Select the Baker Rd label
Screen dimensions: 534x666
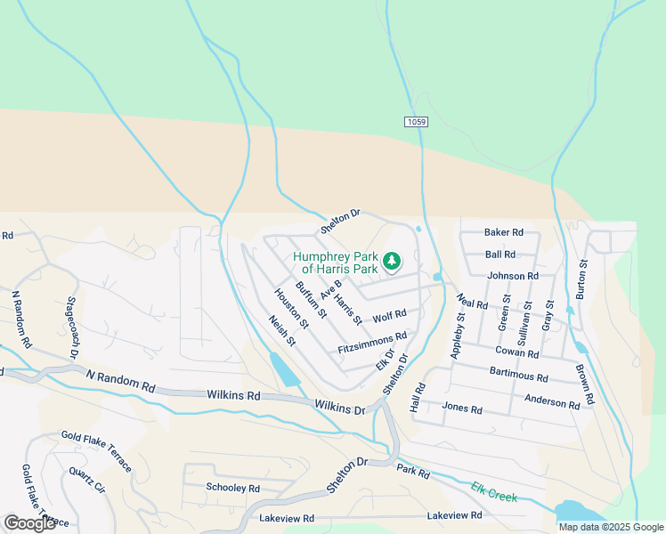point(504,232)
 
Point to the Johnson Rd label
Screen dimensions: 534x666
point(513,276)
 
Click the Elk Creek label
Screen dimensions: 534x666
point(494,491)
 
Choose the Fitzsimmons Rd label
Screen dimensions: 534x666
point(372,343)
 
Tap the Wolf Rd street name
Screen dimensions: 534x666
point(390,315)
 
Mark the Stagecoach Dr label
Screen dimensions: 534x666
point(72,328)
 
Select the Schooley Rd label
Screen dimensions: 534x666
point(232,489)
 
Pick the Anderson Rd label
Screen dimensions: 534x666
point(558,401)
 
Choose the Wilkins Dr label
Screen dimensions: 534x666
point(340,407)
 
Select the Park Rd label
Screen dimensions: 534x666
point(413,470)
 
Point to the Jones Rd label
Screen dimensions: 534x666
point(462,409)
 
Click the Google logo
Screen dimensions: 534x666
point(29,523)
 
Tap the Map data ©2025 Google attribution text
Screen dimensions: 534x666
point(610,527)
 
